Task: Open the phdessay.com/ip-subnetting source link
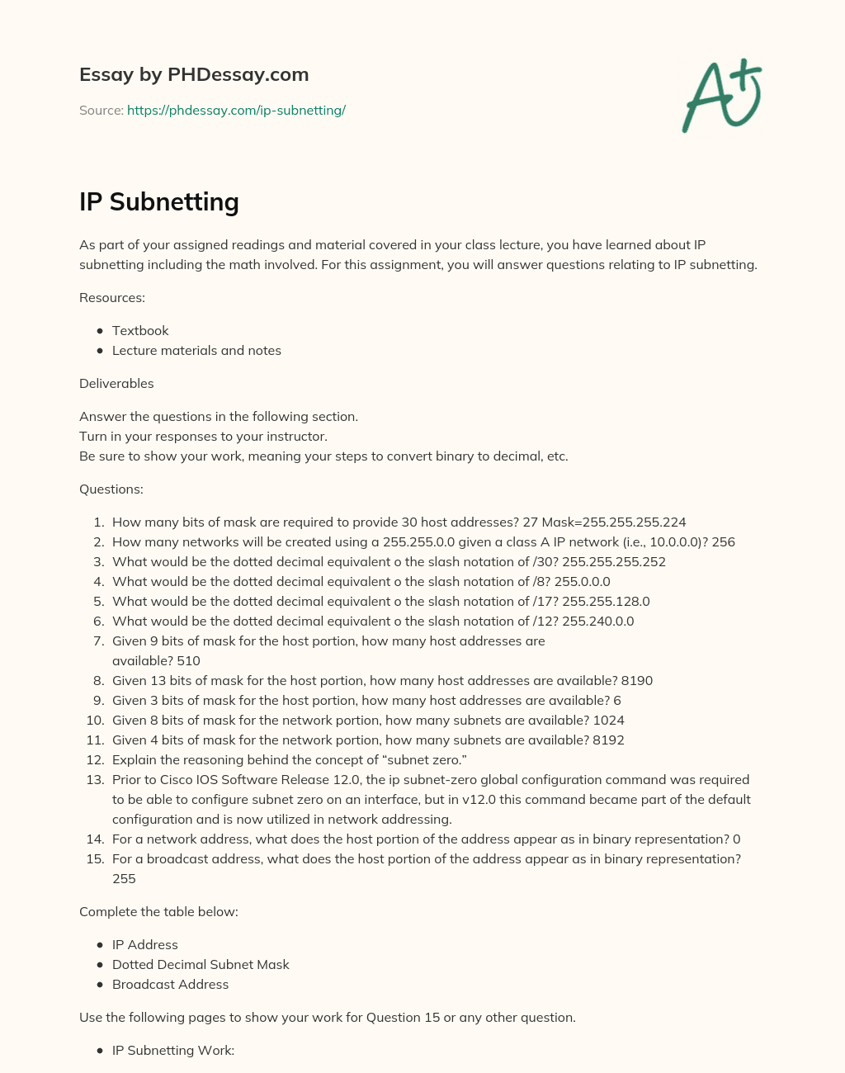coord(236,110)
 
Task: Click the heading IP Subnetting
coord(159,201)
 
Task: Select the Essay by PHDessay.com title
coord(194,74)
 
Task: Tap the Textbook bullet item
coord(140,330)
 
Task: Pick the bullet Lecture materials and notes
coord(196,350)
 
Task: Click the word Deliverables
coord(116,383)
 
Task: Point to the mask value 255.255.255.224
coord(634,522)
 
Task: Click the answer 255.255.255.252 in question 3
coord(613,561)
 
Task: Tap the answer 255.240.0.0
coord(597,621)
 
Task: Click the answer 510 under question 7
coord(188,660)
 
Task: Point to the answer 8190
coord(636,680)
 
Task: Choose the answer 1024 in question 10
coord(608,720)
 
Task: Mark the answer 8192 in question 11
coord(608,740)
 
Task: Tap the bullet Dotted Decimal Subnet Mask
coord(201,964)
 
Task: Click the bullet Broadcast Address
coord(170,984)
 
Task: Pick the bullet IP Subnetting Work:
coord(173,1050)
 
